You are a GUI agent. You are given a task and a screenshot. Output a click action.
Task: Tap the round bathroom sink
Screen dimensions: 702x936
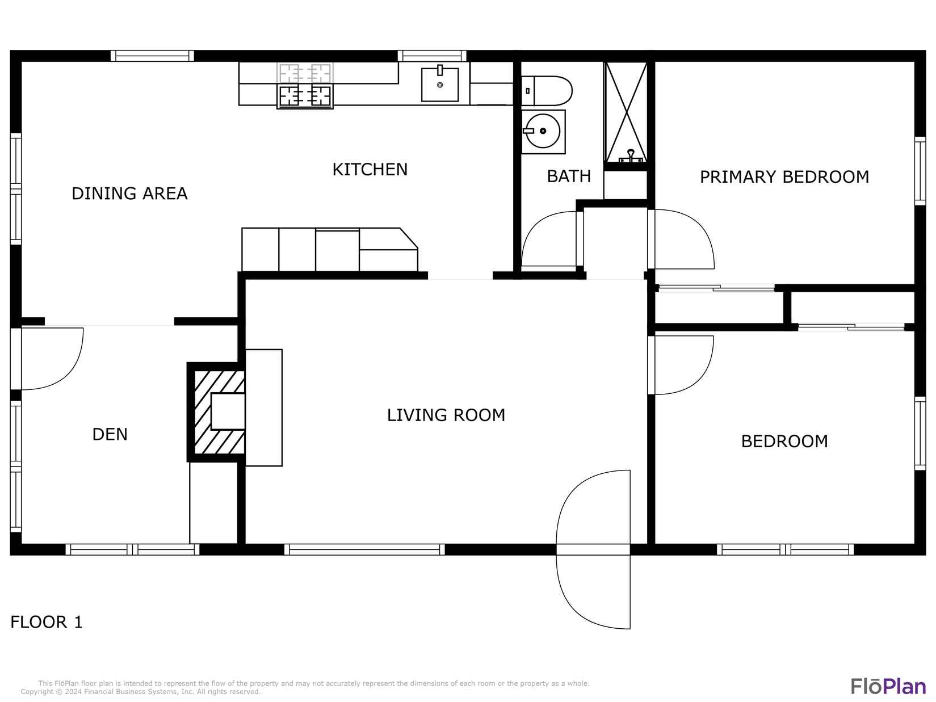pyautogui.click(x=543, y=131)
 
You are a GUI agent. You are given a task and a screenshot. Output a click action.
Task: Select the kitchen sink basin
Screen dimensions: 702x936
pyautogui.click(x=440, y=85)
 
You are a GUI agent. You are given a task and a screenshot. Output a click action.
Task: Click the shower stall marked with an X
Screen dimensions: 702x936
pyautogui.click(x=626, y=112)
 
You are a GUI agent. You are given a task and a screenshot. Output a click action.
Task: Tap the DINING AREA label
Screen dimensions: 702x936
pyautogui.click(x=129, y=194)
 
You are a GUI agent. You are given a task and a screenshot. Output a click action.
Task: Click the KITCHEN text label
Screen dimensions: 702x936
pyautogui.click(x=370, y=170)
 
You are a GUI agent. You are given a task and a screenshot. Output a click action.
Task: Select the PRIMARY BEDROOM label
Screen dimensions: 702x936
pyautogui.click(x=784, y=177)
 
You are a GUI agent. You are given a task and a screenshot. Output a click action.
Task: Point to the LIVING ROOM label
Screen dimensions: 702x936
pyautogui.click(x=446, y=415)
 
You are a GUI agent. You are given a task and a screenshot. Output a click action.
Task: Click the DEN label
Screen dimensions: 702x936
pyautogui.click(x=110, y=435)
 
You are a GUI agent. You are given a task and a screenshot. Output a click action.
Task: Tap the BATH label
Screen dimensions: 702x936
pyautogui.click(x=569, y=176)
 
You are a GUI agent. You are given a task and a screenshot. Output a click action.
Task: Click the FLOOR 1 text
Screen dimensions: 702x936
pyautogui.click(x=47, y=622)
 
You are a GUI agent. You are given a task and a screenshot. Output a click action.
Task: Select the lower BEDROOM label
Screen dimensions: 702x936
pyautogui.click(x=784, y=442)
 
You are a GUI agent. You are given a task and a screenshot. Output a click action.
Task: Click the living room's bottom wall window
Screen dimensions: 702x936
pyautogui.click(x=364, y=549)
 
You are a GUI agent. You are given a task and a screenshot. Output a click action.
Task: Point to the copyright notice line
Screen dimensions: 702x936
pyautogui.click(x=141, y=692)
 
